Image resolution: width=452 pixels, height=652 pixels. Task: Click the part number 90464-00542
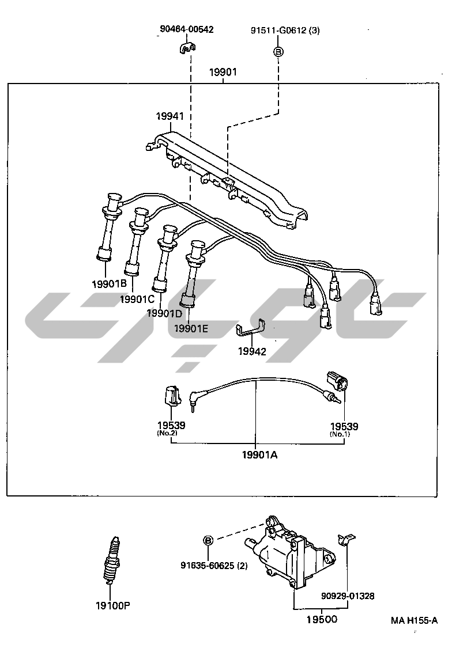click(x=186, y=29)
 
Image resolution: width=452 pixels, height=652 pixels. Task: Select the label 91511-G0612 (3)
click(x=284, y=31)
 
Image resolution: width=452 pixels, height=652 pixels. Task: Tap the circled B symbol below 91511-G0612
click(x=278, y=52)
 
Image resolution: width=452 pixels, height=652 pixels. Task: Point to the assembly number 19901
click(x=223, y=73)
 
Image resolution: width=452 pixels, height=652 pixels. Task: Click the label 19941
click(x=169, y=116)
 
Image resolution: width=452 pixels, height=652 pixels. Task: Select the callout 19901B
click(x=109, y=283)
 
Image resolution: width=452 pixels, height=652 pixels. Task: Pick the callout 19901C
click(x=137, y=298)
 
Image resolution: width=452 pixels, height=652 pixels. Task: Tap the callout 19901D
click(x=164, y=313)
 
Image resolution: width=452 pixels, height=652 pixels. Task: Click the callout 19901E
click(x=192, y=328)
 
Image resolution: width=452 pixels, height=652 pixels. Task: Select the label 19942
click(x=252, y=351)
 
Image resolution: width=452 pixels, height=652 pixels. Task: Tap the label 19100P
click(x=113, y=605)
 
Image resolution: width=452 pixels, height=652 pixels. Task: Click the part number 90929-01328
click(x=348, y=596)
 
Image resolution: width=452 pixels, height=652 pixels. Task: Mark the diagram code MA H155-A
click(x=414, y=620)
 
